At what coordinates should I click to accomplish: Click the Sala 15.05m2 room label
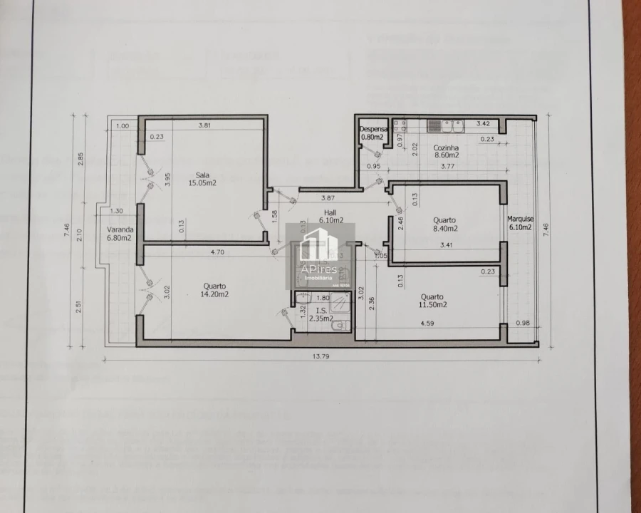(202, 178)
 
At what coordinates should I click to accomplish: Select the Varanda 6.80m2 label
(119, 234)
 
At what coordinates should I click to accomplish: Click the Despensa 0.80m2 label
(372, 133)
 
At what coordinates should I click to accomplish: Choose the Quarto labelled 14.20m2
(214, 289)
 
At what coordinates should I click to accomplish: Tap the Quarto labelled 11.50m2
(432, 301)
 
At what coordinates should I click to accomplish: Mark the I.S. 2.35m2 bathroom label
(321, 315)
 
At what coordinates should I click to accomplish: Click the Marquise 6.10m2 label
(521, 223)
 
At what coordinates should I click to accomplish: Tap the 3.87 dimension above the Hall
(328, 197)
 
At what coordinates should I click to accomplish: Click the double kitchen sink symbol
(445, 126)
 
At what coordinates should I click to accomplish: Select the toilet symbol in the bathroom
(341, 326)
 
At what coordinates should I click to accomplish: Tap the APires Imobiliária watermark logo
(320, 254)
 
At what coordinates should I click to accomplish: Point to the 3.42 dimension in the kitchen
(483, 124)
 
